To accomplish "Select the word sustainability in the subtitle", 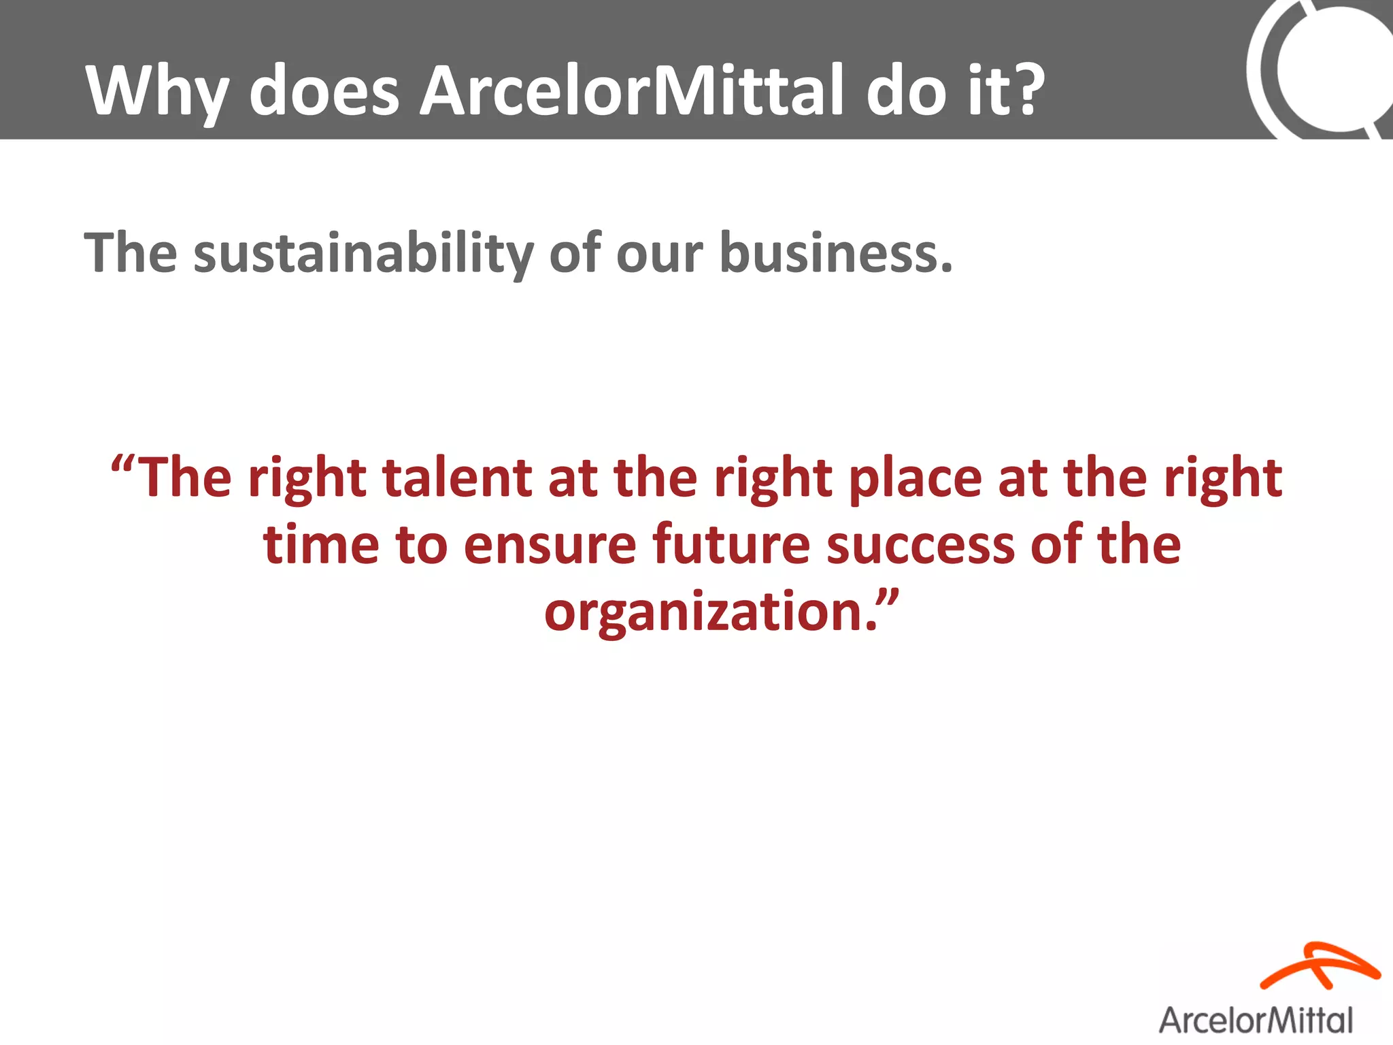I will pyautogui.click(x=364, y=254).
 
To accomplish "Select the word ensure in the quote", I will pyautogui.click(x=550, y=546).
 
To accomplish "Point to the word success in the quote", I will pyautogui.click(x=920, y=546).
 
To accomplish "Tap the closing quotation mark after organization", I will pyautogui.click(x=888, y=599).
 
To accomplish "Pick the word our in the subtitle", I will pyautogui.click(x=658, y=254).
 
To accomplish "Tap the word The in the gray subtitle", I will pyautogui.click(x=131, y=252).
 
